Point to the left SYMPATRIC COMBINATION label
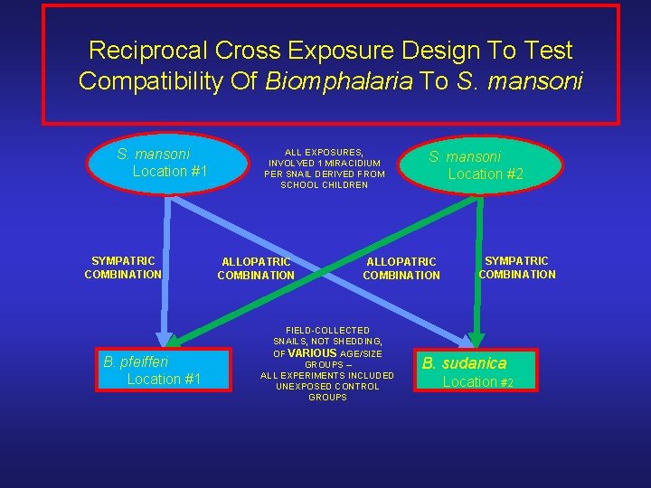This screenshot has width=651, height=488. coord(123,267)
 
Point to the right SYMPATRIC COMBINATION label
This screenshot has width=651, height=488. coord(517,267)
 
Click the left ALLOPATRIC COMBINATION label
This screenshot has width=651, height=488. coord(256,268)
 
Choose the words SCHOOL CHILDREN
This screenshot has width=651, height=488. coord(325,185)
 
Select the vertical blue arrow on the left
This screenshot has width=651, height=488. coord(166,271)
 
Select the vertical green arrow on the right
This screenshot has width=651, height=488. coord(480,271)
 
